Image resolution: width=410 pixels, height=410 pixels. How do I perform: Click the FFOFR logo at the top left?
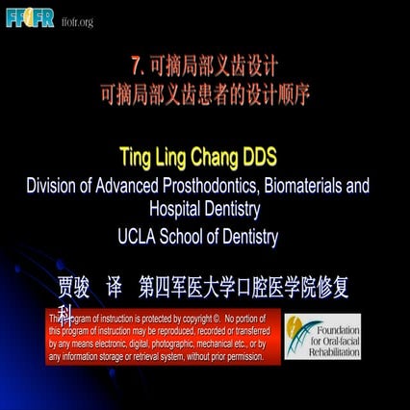(x=30, y=18)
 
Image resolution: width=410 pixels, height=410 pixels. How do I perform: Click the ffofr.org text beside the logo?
(x=77, y=21)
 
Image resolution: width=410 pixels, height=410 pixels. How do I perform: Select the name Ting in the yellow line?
(x=135, y=158)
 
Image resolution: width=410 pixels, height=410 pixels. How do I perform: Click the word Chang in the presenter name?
(x=213, y=158)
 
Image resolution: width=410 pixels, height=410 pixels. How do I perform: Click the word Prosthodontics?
(x=237, y=185)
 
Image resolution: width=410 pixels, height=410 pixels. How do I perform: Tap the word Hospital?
(x=180, y=207)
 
